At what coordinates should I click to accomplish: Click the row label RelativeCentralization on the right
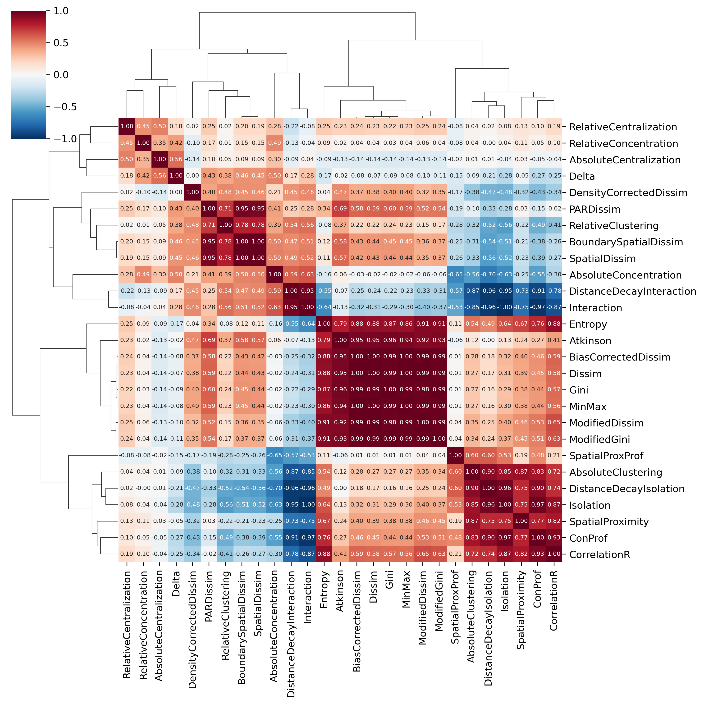click(623, 127)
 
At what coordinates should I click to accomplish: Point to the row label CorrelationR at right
click(599, 555)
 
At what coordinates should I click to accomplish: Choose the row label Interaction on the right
click(595, 308)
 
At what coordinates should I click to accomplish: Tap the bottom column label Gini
click(389, 580)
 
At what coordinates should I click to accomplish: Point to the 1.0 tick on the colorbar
click(61, 11)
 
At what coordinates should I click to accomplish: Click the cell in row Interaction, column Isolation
click(505, 307)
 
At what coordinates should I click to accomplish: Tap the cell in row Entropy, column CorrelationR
click(554, 324)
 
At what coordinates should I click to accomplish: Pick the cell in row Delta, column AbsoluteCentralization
click(160, 176)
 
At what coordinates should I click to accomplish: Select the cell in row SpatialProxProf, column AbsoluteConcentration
click(274, 455)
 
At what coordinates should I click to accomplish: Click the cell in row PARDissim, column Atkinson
click(340, 208)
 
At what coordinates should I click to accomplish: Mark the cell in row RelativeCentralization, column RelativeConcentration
click(143, 126)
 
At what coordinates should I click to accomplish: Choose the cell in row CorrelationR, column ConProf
click(537, 554)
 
